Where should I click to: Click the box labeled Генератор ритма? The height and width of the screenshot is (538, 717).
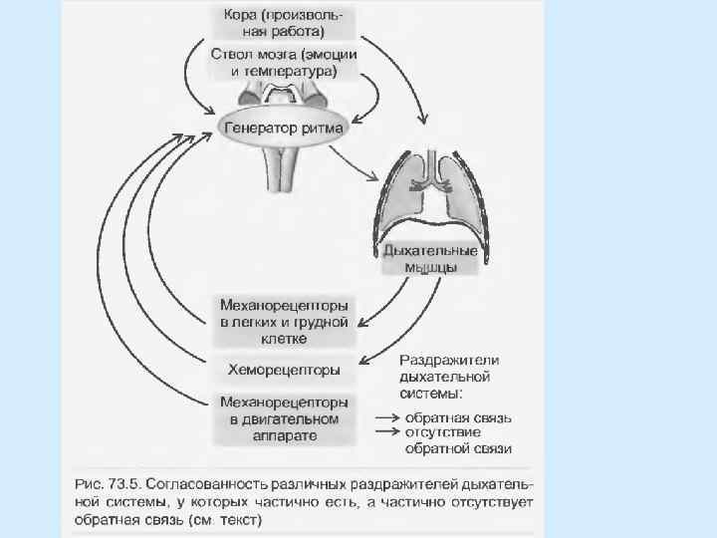(x=284, y=129)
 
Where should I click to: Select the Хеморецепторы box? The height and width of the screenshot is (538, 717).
(x=284, y=371)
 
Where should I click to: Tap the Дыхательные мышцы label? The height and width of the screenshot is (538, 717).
(x=431, y=258)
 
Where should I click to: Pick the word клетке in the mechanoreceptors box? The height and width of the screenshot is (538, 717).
(x=284, y=339)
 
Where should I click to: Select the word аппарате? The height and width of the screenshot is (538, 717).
(x=284, y=436)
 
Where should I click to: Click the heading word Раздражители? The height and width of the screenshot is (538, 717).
(x=449, y=360)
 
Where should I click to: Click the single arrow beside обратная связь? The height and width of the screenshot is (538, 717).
(x=387, y=418)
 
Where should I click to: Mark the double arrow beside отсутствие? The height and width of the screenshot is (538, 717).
(x=387, y=432)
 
